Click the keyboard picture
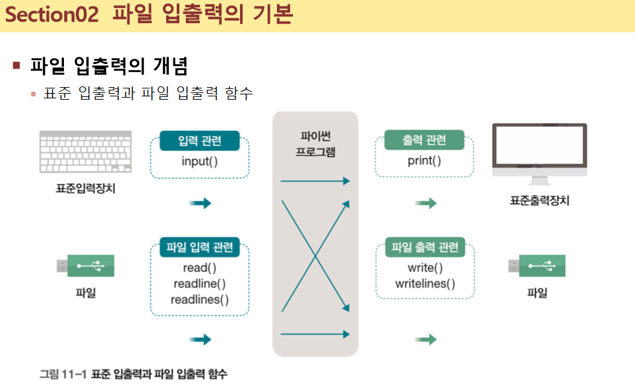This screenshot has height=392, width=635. [x=86, y=151]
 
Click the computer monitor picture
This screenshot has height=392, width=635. [x=539, y=151]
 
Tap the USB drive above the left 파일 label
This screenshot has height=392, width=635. [x=86, y=266]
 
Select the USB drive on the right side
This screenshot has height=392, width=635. [x=537, y=266]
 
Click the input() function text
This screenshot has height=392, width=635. [x=200, y=161]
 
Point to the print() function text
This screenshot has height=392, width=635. [x=424, y=160]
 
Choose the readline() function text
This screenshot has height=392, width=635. [x=200, y=284]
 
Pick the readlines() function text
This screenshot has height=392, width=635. [x=200, y=300]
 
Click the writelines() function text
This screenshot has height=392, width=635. [x=425, y=284]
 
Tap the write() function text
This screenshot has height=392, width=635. [x=425, y=268]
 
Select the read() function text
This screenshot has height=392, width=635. [x=200, y=268]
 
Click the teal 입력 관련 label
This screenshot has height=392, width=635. [x=200, y=141]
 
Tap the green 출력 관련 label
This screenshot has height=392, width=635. [x=424, y=140]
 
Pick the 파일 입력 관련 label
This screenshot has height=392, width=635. [x=200, y=248]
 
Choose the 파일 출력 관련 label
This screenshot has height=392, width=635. [x=425, y=248]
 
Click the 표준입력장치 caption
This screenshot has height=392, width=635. [x=86, y=189]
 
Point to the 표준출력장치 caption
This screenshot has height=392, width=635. [x=539, y=200]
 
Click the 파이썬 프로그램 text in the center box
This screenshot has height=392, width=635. [x=315, y=144]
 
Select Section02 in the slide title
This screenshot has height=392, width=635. [x=51, y=15]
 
